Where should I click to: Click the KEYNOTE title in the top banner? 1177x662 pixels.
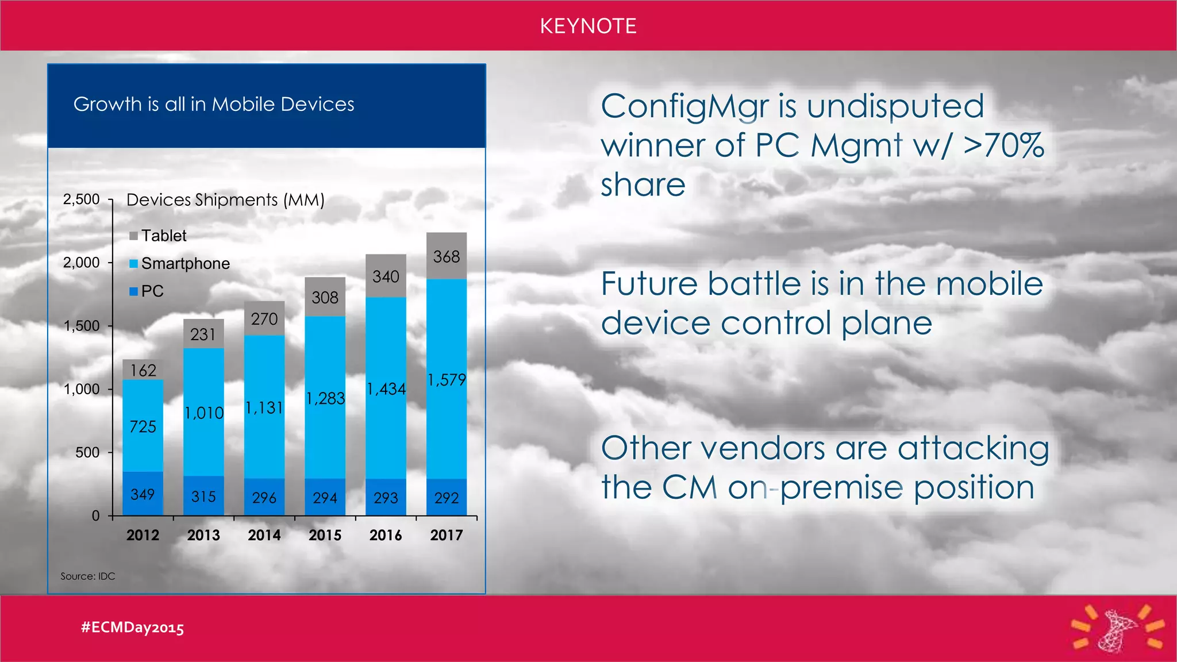pyautogui.click(x=588, y=26)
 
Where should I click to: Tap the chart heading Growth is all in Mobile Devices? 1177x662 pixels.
pyautogui.click(x=214, y=104)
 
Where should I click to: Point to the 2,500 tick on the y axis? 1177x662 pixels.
pyautogui.click(x=82, y=199)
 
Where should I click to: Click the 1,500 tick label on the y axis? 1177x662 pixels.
pyautogui.click(x=82, y=326)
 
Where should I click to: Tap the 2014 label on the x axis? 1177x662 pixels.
pyautogui.click(x=264, y=535)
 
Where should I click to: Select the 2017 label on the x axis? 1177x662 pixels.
pyautogui.click(x=447, y=535)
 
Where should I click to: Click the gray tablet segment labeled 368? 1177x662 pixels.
pyautogui.click(x=447, y=256)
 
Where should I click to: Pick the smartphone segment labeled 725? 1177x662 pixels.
pyautogui.click(x=143, y=426)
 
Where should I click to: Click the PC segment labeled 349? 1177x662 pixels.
pyautogui.click(x=143, y=494)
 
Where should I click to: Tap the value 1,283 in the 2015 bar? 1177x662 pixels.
pyautogui.click(x=325, y=398)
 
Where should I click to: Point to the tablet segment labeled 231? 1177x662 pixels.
pyautogui.click(x=203, y=334)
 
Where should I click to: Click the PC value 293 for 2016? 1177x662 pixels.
pyautogui.click(x=386, y=498)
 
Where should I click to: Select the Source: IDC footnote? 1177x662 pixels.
pyautogui.click(x=88, y=576)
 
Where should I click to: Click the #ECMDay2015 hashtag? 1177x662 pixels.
pyautogui.click(x=133, y=627)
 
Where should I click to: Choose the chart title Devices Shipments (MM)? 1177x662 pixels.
pyautogui.click(x=225, y=199)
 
